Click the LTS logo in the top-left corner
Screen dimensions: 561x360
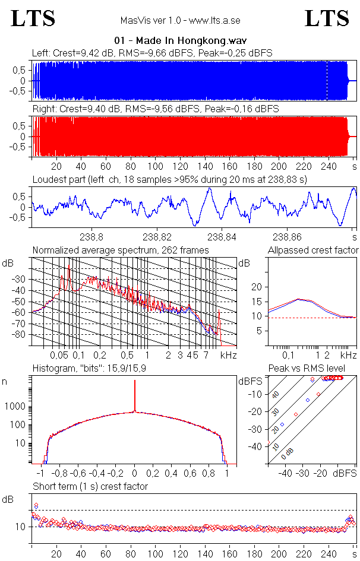[x=33, y=18]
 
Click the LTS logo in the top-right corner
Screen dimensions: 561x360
[x=327, y=18]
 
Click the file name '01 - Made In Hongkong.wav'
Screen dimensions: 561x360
[x=181, y=41]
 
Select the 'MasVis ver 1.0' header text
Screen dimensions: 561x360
[x=180, y=20]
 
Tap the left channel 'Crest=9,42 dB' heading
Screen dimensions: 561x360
[x=152, y=53]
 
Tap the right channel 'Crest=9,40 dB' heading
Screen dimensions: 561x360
[x=155, y=109]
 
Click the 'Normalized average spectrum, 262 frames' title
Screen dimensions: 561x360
[x=121, y=250]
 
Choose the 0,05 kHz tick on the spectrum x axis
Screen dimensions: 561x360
[x=59, y=355]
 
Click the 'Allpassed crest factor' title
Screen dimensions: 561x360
[x=313, y=250]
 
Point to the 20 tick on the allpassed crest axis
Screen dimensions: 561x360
[x=257, y=287]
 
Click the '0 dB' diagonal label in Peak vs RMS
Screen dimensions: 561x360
[x=288, y=454]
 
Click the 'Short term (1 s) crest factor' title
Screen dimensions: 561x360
[x=90, y=486]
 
